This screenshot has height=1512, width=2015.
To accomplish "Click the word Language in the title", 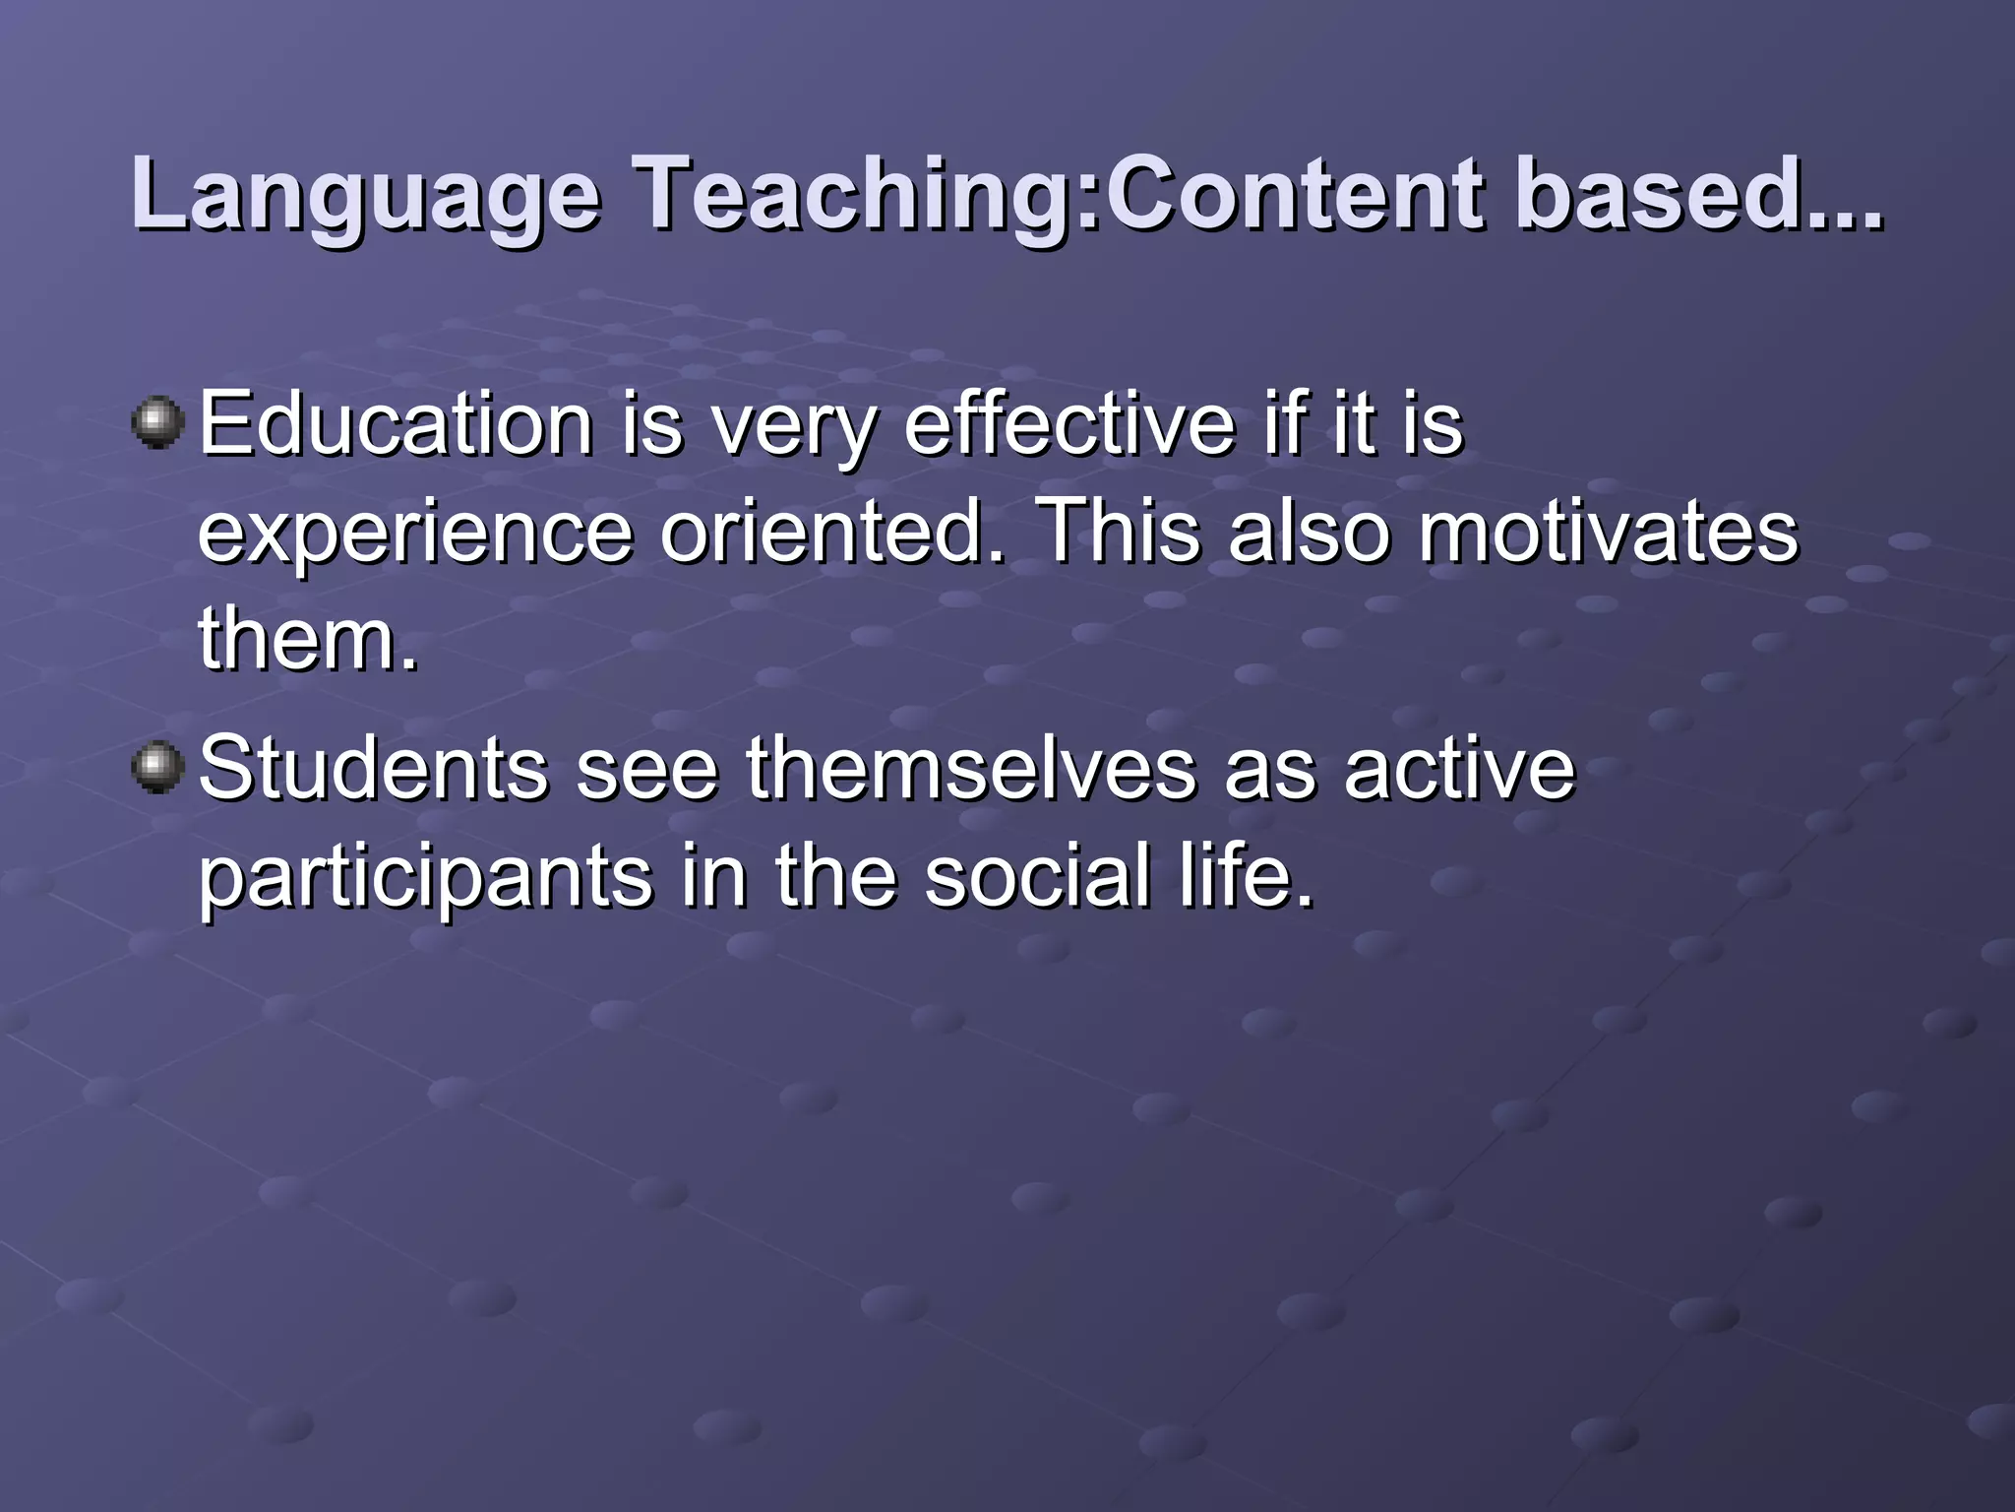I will [364, 195].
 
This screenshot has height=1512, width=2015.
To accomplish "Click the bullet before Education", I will [157, 423].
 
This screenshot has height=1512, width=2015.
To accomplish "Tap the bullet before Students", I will [157, 767].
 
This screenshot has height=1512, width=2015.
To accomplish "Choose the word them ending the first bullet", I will [307, 640].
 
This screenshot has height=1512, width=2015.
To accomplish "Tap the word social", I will [1038, 876].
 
